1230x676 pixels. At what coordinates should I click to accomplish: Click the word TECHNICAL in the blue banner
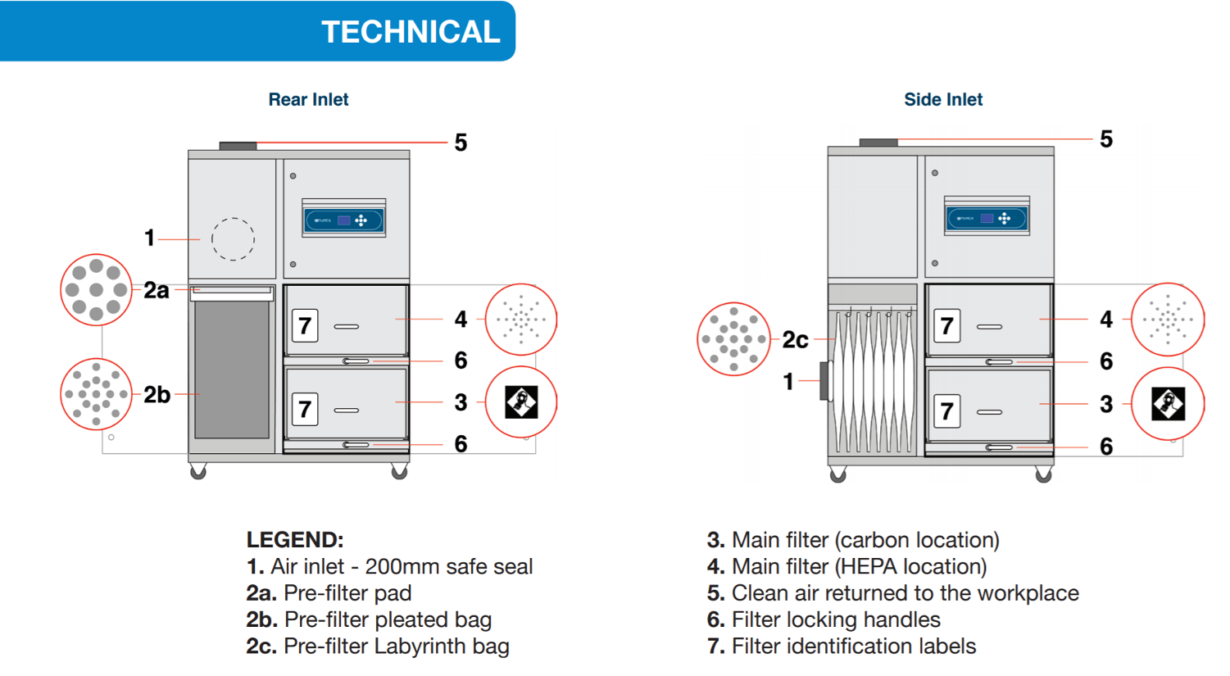[x=411, y=32]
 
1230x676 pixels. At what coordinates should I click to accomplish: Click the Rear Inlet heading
[x=308, y=99]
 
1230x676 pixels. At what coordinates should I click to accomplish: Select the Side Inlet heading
[x=943, y=99]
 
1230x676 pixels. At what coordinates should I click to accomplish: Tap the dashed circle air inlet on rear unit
[x=233, y=239]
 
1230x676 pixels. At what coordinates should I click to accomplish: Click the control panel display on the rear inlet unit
[x=343, y=220]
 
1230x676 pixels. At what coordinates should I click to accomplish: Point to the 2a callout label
[x=157, y=290]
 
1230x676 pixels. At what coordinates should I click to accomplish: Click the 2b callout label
[x=157, y=395]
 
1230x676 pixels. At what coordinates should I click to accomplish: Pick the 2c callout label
[x=795, y=340]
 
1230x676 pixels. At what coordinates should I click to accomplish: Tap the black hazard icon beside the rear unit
[x=521, y=402]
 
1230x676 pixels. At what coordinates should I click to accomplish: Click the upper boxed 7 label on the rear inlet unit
[x=305, y=325]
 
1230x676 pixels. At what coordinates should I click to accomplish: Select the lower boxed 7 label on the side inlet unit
[x=946, y=411]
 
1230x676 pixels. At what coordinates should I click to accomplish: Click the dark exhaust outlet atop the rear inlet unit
[x=238, y=146]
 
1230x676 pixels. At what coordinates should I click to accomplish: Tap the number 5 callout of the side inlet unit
[x=1106, y=139]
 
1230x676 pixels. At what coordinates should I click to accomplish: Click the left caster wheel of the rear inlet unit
[x=197, y=471]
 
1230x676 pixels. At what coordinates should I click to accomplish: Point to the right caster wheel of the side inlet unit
[x=1043, y=474]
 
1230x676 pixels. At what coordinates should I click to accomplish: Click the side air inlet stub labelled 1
[x=825, y=380]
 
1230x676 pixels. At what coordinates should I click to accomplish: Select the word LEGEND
[x=295, y=540]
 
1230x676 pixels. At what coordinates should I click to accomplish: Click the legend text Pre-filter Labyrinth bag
[x=397, y=647]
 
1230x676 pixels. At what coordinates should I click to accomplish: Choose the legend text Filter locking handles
[x=836, y=619]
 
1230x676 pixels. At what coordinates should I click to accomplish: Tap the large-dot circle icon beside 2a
[x=96, y=290]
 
